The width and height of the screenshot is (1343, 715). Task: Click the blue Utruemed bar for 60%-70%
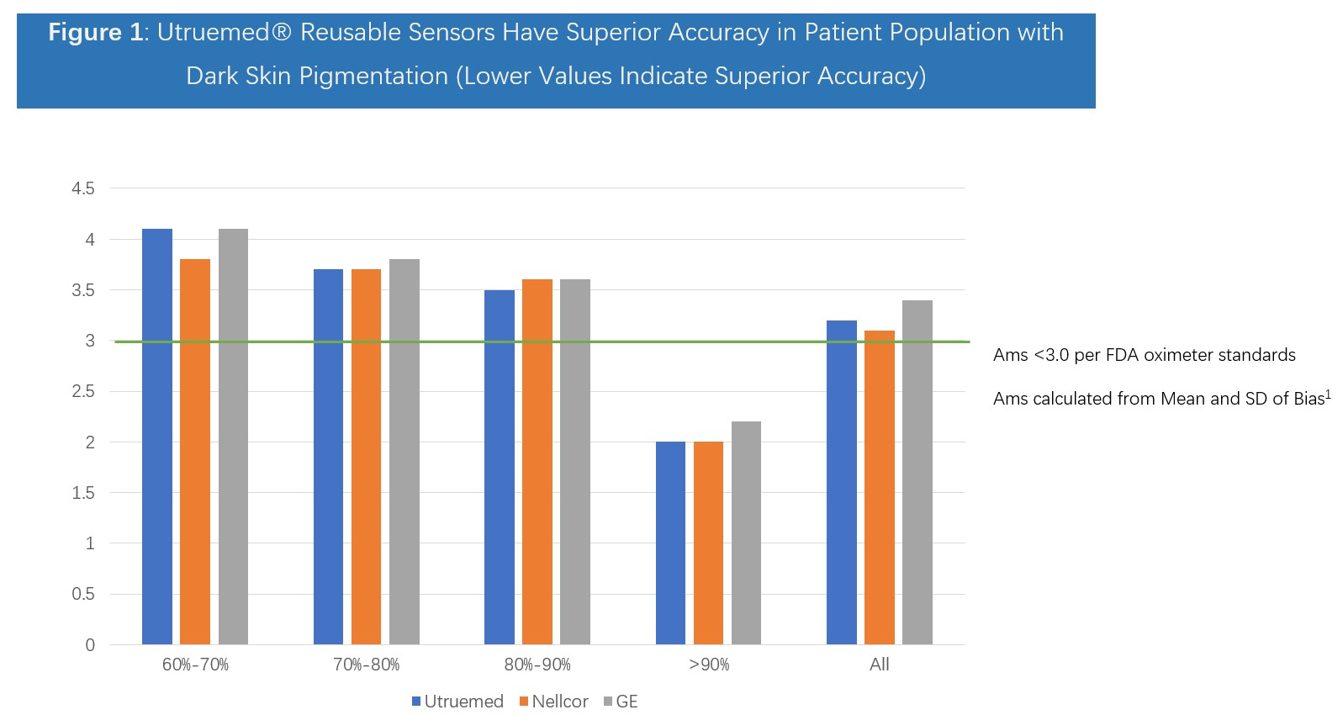[157, 437]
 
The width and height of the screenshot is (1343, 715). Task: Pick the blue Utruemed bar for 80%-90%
[500, 467]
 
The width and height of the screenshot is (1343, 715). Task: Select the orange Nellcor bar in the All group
[880, 488]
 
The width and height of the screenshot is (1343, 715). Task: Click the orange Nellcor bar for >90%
[708, 543]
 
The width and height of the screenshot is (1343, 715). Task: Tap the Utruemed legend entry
[457, 702]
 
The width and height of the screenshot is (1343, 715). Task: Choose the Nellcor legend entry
[553, 702]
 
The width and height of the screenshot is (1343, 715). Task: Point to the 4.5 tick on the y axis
[83, 188]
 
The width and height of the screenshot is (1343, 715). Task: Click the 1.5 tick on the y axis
[83, 493]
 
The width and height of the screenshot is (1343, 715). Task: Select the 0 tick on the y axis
[90, 645]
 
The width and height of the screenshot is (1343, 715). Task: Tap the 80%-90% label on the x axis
[537, 665]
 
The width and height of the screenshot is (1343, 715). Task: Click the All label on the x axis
[880, 665]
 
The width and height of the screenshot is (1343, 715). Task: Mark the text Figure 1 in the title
[96, 33]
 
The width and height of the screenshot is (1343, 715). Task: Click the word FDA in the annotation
[1123, 355]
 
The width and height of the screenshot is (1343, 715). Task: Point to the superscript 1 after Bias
[1329, 393]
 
